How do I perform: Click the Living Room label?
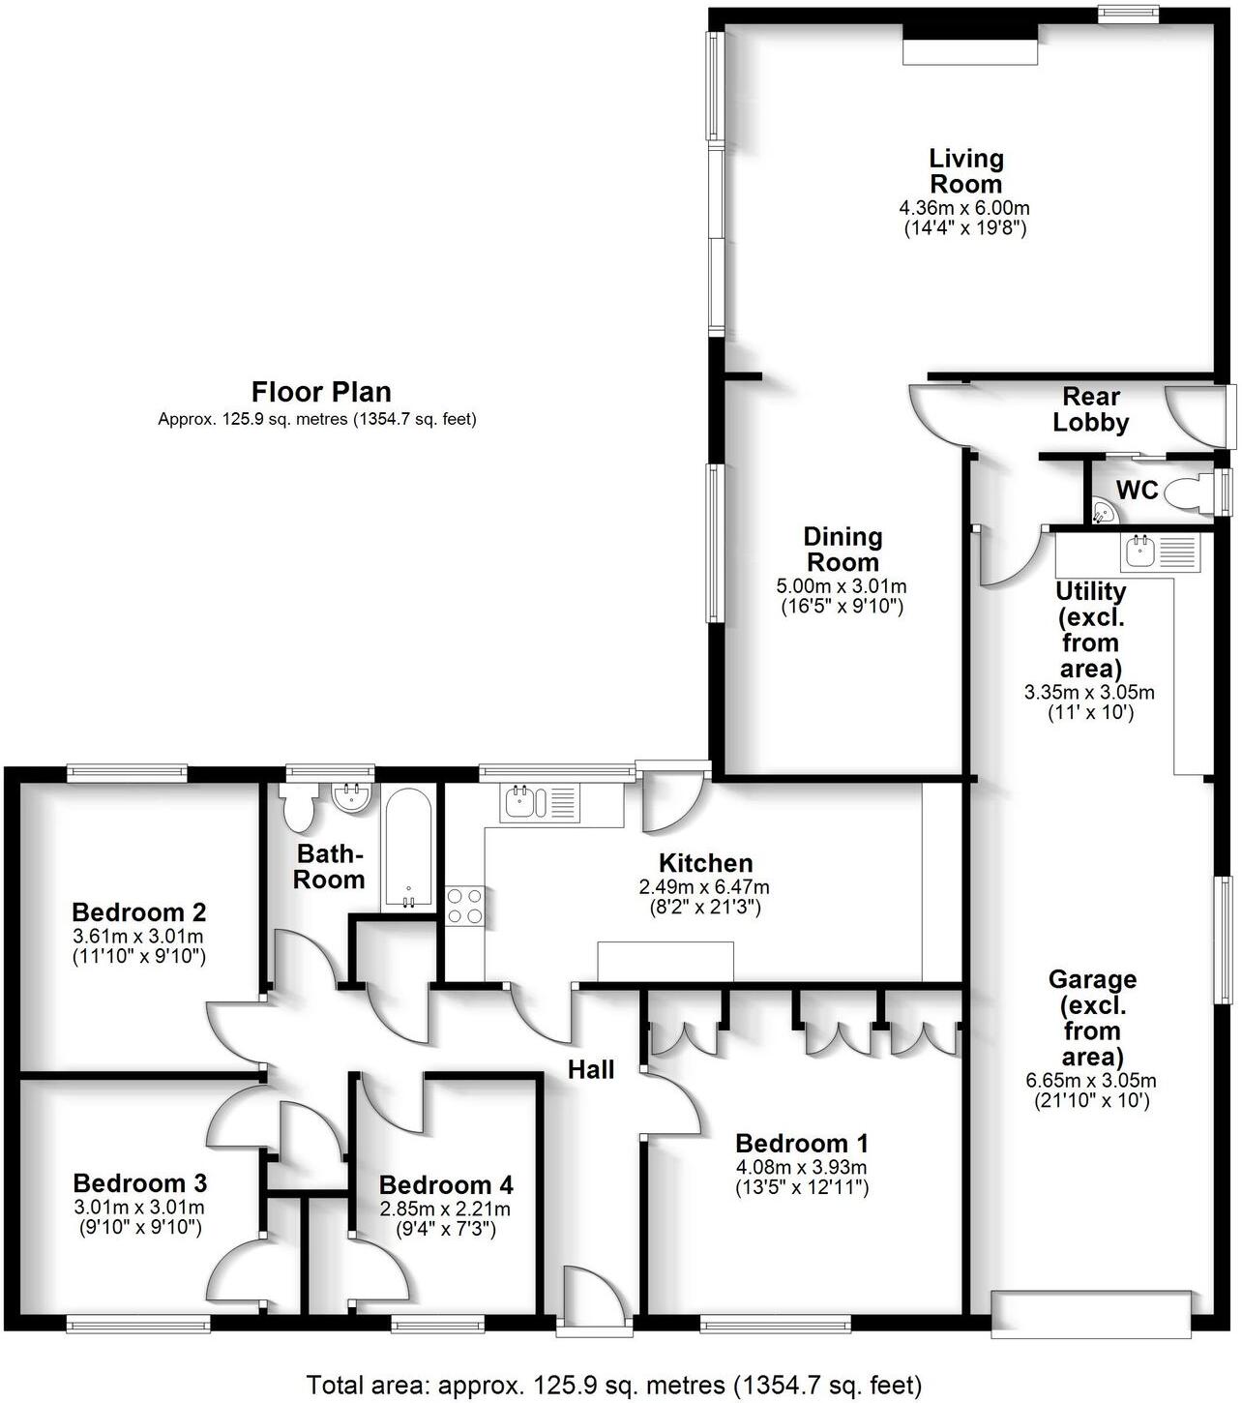965,171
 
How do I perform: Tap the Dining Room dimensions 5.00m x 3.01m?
842,586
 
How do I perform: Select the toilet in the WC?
1187,494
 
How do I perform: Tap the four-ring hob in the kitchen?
464,906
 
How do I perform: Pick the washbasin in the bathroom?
350,797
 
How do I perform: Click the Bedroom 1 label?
801,1143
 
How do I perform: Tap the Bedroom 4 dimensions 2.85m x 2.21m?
445,1209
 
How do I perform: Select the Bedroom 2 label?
139,911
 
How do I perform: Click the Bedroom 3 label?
139,1182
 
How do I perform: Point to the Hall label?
591,1069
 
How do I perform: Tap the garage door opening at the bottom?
1090,1314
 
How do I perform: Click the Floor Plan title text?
321,392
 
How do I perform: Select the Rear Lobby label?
1091,409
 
